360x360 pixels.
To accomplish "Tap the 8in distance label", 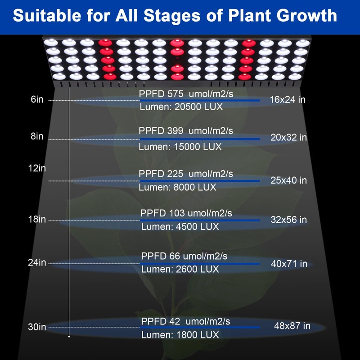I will point(37,136).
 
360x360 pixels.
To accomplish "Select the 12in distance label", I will point(37,168).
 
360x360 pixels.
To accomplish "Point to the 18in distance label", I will point(37,220).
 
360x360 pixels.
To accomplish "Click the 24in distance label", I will point(37,262).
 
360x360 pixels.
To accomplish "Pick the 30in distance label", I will point(37,328).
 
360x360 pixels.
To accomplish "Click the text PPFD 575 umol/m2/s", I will point(186,94).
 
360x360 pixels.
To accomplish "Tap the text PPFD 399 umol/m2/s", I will point(186,131).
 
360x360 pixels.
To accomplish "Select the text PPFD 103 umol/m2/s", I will point(186,213).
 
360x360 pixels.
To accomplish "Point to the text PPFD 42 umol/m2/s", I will point(185,321).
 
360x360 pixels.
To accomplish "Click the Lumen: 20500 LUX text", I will point(181,108).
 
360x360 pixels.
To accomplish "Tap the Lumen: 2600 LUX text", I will point(180,269).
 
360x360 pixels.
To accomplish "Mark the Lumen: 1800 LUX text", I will point(180,335).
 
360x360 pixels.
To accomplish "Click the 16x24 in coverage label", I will point(288,99).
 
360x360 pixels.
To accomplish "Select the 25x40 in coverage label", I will point(288,180).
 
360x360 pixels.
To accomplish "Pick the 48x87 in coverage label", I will point(292,326).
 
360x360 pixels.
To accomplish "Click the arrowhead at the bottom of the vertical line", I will point(69,336).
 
